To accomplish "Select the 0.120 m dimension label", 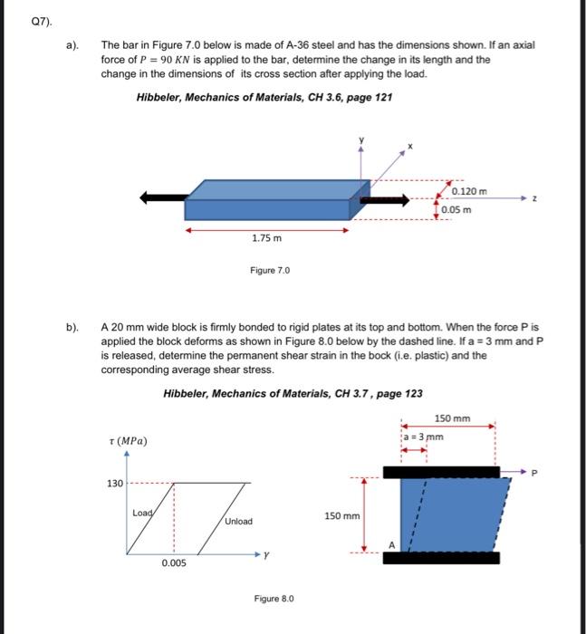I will [469, 191].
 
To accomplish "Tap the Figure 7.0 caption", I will [270, 270].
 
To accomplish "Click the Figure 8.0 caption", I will [274, 599].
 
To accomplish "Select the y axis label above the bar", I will [362, 139].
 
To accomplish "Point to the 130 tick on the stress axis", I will [114, 484].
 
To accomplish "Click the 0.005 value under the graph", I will [174, 563].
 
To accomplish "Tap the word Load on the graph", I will [143, 513].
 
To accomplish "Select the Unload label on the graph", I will [238, 522].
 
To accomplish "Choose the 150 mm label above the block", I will [453, 418].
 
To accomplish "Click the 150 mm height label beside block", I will [341, 515].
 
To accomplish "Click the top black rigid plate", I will [440, 472].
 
